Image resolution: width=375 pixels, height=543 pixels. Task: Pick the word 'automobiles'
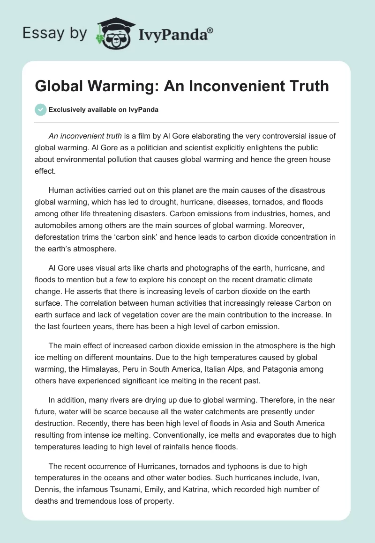coord(56,225)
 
